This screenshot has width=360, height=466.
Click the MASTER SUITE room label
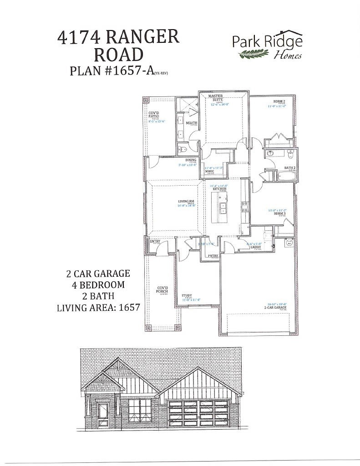(x=215, y=98)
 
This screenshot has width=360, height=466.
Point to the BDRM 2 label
(x=279, y=101)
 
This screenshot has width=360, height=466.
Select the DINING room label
(x=191, y=160)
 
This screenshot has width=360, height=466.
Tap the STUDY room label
(x=186, y=295)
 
